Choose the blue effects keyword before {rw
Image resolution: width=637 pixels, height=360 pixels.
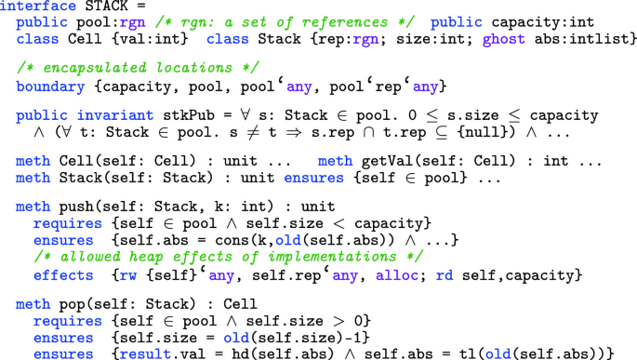(x=63, y=276)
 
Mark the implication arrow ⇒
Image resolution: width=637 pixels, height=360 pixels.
(x=277, y=131)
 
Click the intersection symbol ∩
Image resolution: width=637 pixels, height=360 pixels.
(x=353, y=131)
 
